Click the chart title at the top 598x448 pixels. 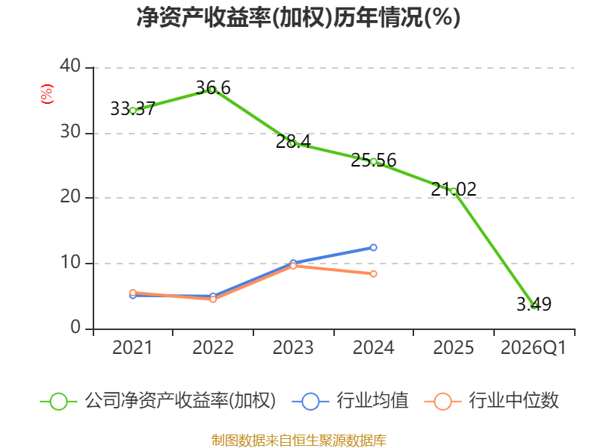[298, 17]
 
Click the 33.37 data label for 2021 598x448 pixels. [133, 109]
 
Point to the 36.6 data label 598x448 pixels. [213, 88]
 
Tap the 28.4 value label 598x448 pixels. [293, 142]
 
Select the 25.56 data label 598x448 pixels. [373, 160]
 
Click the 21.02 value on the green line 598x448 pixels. [454, 190]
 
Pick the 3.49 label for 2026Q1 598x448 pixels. [534, 304]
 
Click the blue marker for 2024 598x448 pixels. [373, 248]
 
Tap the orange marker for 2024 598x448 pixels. [373, 274]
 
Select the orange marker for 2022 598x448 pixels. [213, 299]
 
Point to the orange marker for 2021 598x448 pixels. [133, 293]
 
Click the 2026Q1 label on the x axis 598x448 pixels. [534, 348]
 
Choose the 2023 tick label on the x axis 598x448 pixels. [293, 348]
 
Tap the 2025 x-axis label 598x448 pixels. [454, 348]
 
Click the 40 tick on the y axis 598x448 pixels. [70, 66]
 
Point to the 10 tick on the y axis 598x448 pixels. [70, 263]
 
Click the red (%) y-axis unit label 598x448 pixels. [47, 94]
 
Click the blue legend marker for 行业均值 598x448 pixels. [310, 402]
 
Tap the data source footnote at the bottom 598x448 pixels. [298, 441]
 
